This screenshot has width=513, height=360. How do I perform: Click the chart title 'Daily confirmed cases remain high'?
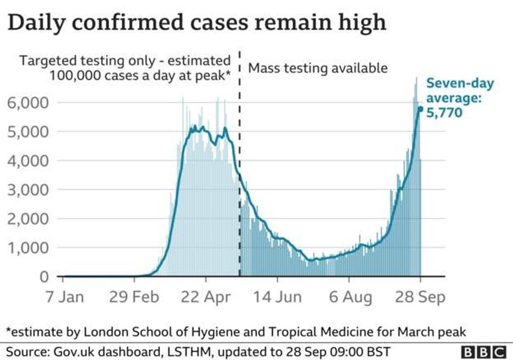click(197, 23)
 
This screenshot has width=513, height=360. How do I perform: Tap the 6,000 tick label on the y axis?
click(28, 103)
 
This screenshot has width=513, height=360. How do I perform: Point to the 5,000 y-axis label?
click(28, 132)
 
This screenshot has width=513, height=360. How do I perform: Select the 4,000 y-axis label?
click(28, 161)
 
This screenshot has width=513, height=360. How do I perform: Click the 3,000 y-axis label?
click(28, 189)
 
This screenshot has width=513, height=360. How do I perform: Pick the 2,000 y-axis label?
click(28, 219)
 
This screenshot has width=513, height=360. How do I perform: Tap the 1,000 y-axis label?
click(28, 248)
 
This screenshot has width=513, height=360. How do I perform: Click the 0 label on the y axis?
click(44, 277)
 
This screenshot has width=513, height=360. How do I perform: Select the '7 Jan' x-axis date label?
click(65, 297)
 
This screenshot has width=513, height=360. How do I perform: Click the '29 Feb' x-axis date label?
click(134, 297)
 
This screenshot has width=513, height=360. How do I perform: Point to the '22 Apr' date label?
click(206, 297)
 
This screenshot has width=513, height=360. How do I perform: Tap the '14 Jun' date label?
click(277, 297)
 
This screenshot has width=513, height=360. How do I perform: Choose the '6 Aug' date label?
click(350, 297)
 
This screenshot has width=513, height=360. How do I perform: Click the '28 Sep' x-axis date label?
click(420, 297)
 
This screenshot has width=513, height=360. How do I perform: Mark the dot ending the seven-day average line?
click(420, 109)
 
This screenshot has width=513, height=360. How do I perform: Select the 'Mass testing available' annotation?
click(318, 69)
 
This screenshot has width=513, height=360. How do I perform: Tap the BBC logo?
click(484, 352)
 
